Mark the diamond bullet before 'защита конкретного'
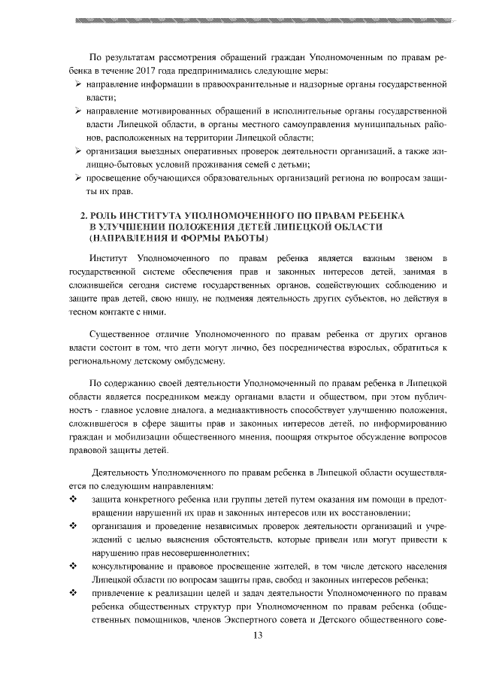click(73, 500)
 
